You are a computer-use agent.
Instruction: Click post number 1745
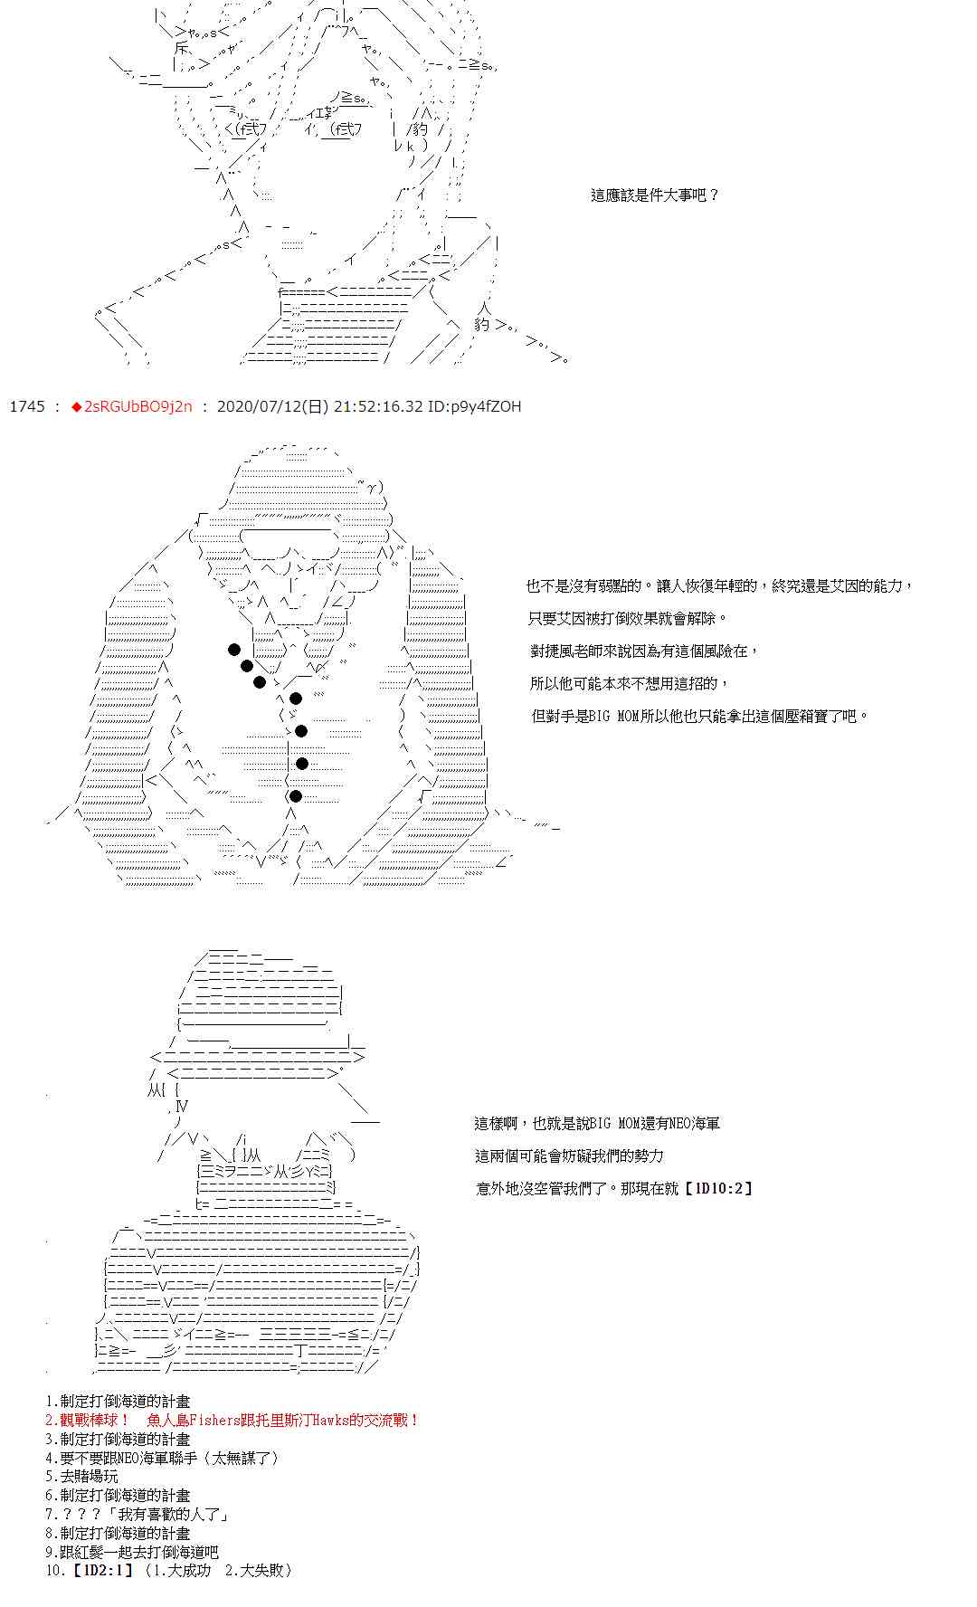pyautogui.click(x=26, y=406)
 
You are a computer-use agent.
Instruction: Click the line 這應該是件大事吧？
pyautogui.click(x=655, y=195)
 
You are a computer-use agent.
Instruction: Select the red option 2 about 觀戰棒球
pyautogui.click(x=232, y=1420)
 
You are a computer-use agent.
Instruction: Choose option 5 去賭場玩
pyautogui.click(x=81, y=1476)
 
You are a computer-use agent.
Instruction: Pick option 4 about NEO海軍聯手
pyautogui.click(x=163, y=1458)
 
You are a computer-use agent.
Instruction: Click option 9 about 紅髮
pyautogui.click(x=132, y=1551)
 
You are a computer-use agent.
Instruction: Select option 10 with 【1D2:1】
pyautogui.click(x=168, y=1570)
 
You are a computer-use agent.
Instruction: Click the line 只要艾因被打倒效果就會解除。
pyautogui.click(x=628, y=618)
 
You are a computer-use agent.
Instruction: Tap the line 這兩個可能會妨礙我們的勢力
pyautogui.click(x=569, y=1155)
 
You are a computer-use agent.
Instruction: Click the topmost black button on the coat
pyautogui.click(x=234, y=649)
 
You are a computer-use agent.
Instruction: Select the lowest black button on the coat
pyautogui.click(x=295, y=796)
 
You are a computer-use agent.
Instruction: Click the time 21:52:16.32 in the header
pyautogui.click(x=378, y=406)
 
